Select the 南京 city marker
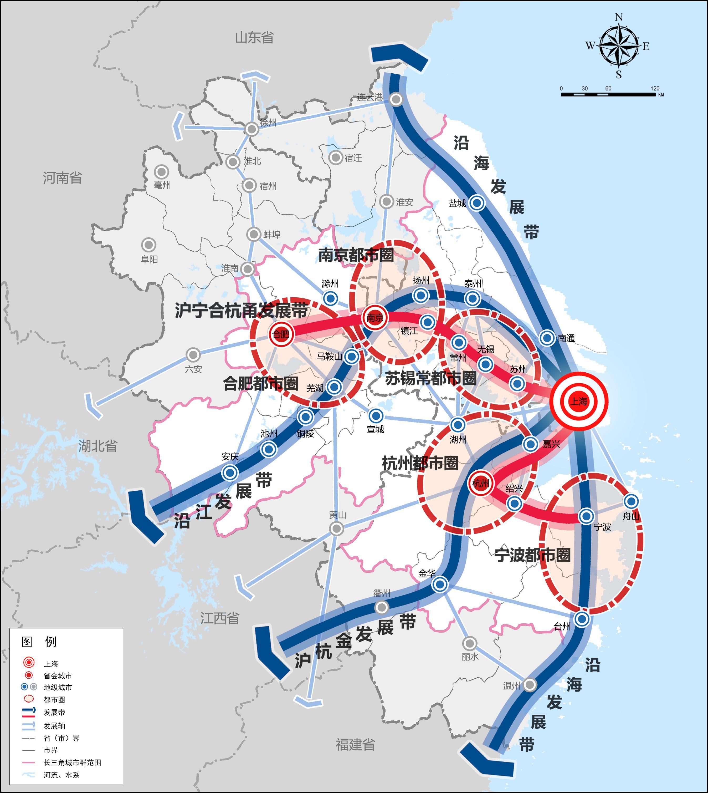[x=375, y=318]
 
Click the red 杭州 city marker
[x=480, y=483]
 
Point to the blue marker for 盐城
[x=477, y=203]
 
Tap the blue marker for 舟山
[x=631, y=501]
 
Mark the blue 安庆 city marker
[x=229, y=473]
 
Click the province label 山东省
[x=254, y=38]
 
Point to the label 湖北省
[x=98, y=446]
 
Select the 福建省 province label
[x=355, y=745]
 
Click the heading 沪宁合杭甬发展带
[x=241, y=310]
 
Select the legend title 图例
[x=39, y=642]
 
